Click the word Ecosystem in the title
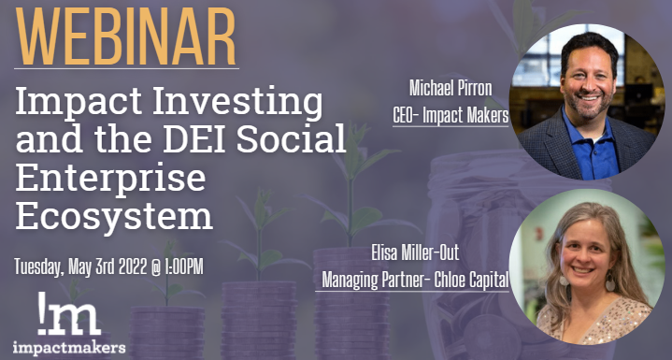pos(113,216)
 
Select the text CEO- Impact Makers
pos(450,117)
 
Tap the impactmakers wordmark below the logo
pos(70,347)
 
